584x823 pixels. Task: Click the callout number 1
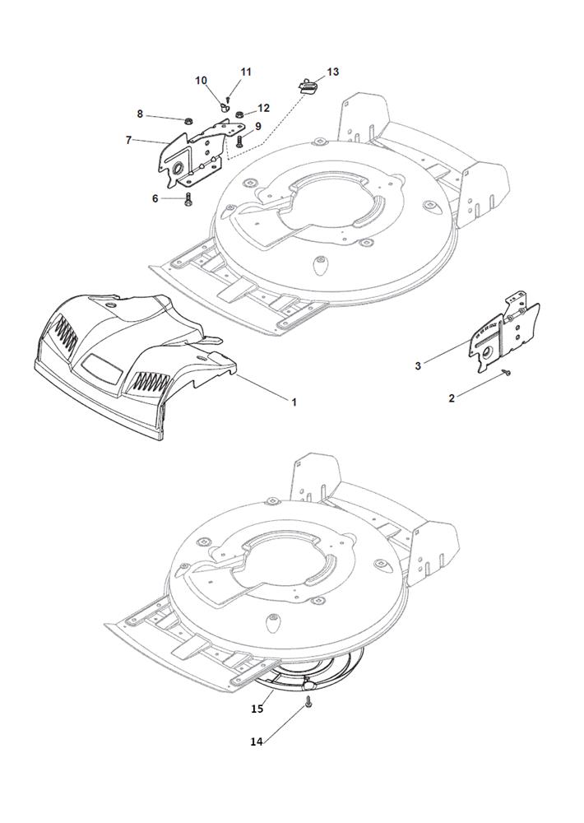tap(294, 402)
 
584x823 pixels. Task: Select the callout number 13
tap(332, 72)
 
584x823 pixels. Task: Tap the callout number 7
tap(128, 140)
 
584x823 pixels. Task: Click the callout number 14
tap(256, 742)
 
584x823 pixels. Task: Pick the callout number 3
tap(418, 366)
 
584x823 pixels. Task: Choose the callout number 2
tap(452, 398)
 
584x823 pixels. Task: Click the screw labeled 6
tap(188, 199)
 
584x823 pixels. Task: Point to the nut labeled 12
tap(240, 114)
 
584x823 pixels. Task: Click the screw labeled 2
tap(508, 373)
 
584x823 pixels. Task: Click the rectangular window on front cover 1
tap(102, 366)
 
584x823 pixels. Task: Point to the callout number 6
tap(155, 199)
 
